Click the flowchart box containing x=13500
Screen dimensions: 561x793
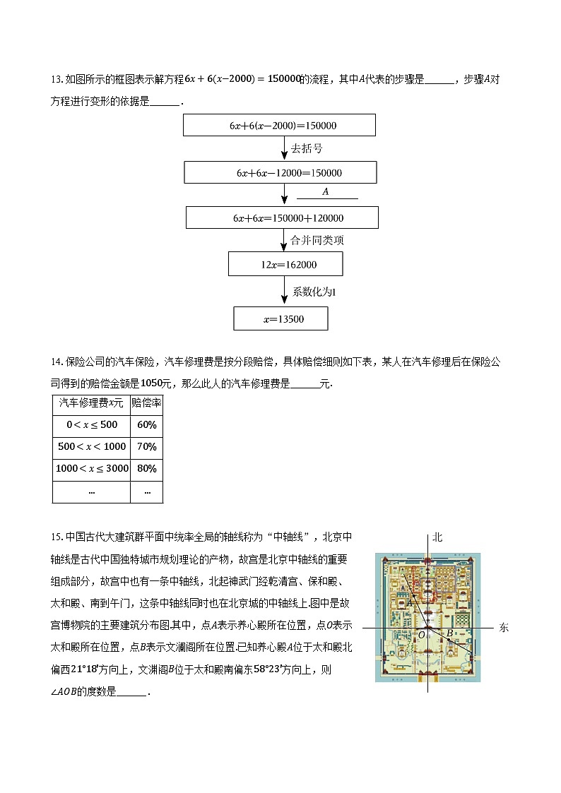pos(280,318)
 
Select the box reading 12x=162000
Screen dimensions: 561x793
pos(285,264)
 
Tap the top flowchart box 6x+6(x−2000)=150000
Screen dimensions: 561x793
pos(279,125)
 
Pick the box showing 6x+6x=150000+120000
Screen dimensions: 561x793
pos(282,217)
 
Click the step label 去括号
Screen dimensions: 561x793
pos(307,148)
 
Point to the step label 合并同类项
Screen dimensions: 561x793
pos(317,240)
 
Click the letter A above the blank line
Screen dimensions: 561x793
pos(326,191)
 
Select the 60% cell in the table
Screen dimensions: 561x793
pos(146,425)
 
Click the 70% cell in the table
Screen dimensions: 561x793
pos(146,446)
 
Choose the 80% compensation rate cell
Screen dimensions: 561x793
pos(146,468)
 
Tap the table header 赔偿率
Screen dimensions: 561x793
pos(146,403)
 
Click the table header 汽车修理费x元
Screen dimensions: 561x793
pos(91,403)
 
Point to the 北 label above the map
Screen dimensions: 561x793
pos(437,537)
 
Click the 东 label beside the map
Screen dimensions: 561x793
pos(503,627)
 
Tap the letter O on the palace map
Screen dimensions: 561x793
pos(422,635)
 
